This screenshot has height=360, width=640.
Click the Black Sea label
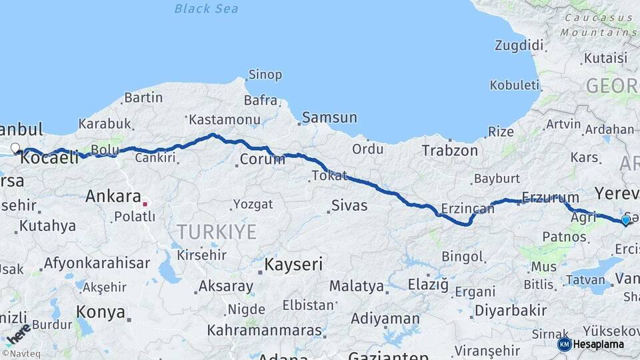pyautogui.click(x=206, y=9)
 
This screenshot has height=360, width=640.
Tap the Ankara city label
pyautogui.click(x=113, y=197)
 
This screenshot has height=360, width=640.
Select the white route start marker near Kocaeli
pyautogui.click(x=15, y=148)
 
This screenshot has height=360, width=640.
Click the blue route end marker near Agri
pyautogui.click(x=625, y=220)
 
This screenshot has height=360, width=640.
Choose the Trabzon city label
pyautogui.click(x=449, y=151)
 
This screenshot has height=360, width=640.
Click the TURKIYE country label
pyautogui.click(x=216, y=232)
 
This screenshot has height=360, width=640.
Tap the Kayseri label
pyautogui.click(x=293, y=265)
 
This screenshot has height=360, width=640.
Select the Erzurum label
pyautogui.click(x=550, y=197)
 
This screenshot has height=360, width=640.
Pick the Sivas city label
pyautogui.click(x=350, y=205)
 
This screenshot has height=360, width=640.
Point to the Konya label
pyautogui.click(x=101, y=312)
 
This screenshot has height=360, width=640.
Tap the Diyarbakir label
pyautogui.click(x=511, y=311)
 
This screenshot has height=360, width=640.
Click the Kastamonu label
pyautogui.click(x=224, y=120)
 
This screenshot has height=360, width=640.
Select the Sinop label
pyautogui.click(x=265, y=75)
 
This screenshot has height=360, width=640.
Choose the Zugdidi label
pyautogui.click(x=520, y=45)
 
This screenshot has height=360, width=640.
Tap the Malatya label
pyautogui.click(x=357, y=287)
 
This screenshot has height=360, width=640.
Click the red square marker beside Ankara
pyautogui.click(x=145, y=202)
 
